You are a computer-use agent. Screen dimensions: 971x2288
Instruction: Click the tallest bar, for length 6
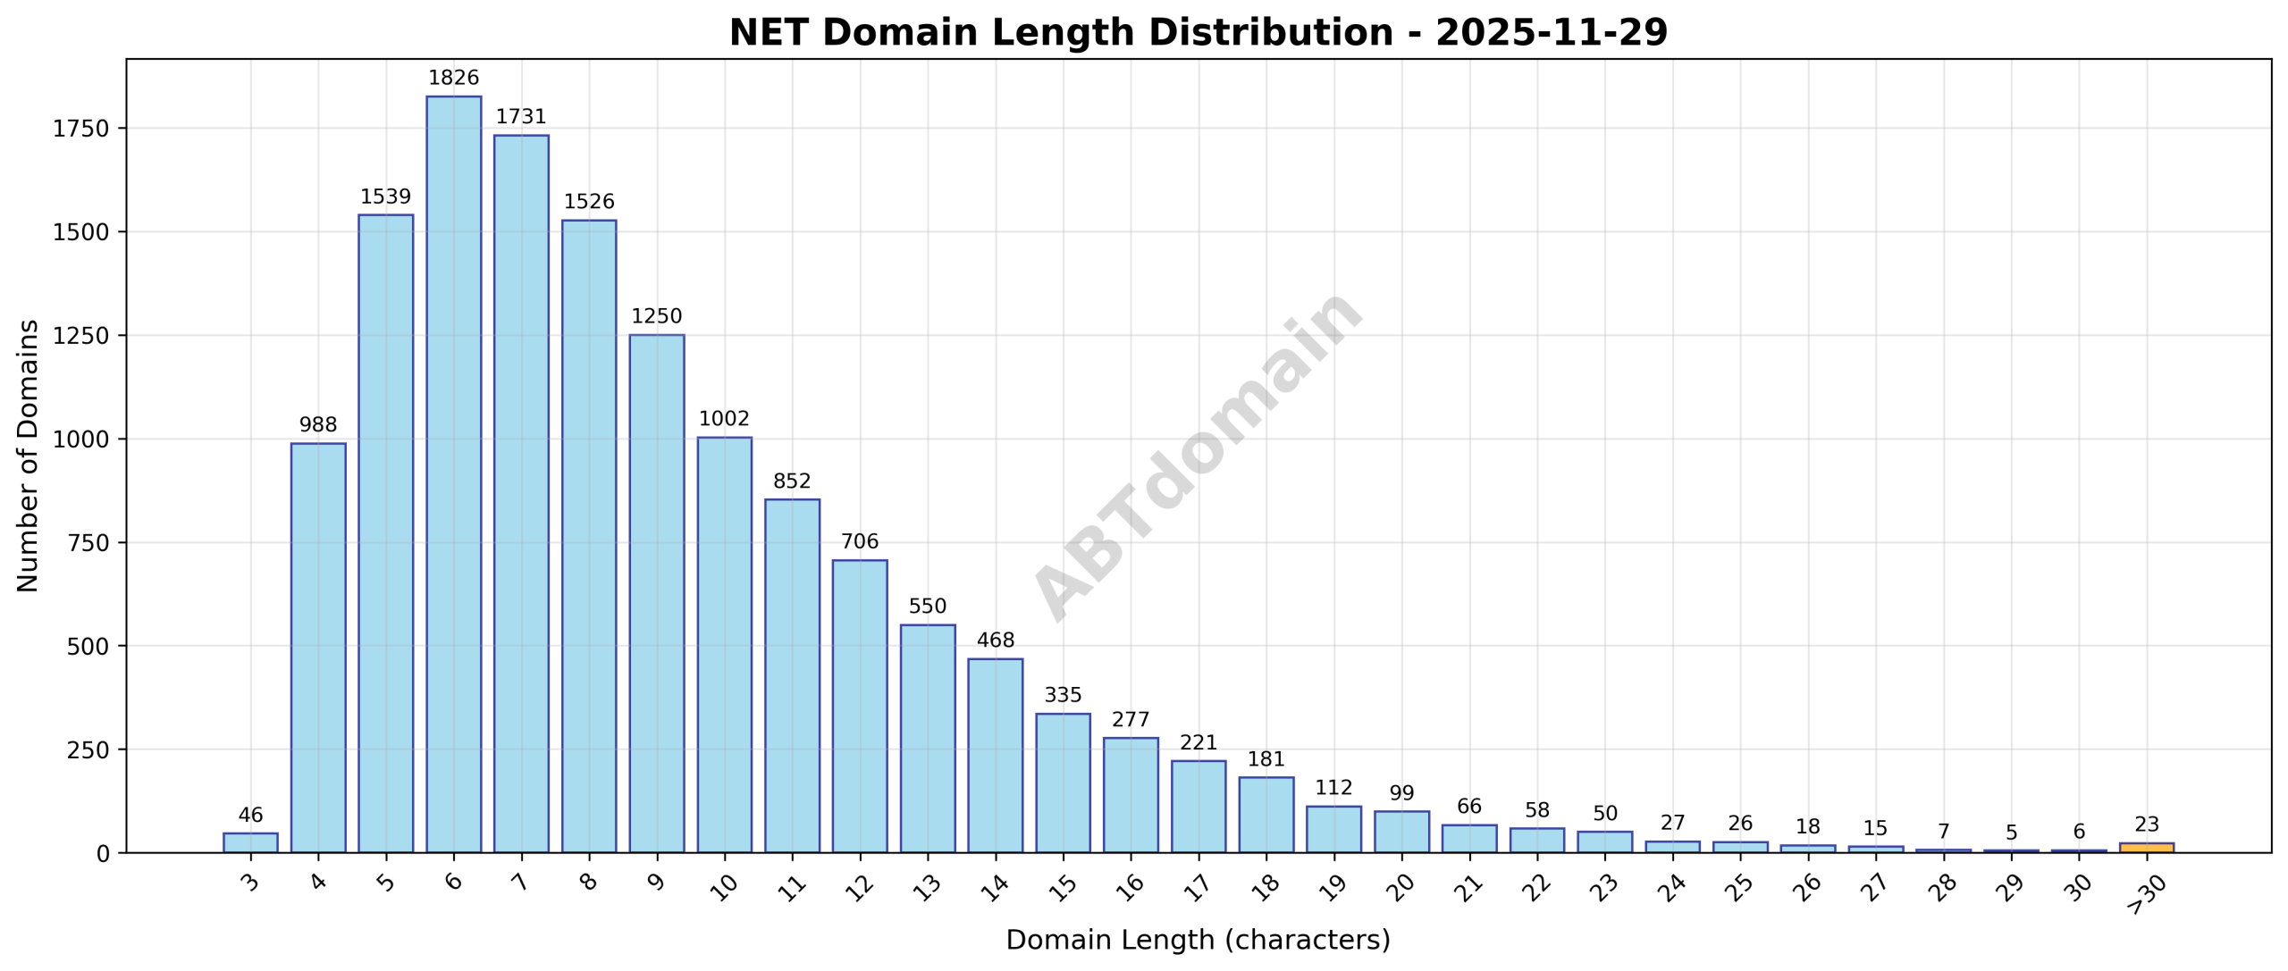(453, 473)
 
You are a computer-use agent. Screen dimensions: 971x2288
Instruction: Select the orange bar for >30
(2146, 847)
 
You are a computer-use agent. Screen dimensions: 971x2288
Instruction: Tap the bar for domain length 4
(318, 648)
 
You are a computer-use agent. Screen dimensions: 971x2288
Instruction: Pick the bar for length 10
(724, 645)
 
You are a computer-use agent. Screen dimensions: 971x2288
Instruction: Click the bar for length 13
(927, 739)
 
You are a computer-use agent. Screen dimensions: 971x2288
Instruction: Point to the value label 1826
(453, 78)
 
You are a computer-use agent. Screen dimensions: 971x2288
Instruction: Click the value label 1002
(724, 419)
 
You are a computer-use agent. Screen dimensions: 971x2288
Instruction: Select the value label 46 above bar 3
(250, 815)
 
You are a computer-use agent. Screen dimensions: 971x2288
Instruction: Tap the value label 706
(860, 541)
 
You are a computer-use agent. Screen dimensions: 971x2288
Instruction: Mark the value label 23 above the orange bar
(2146, 824)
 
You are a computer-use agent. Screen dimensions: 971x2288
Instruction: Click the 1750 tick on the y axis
(80, 129)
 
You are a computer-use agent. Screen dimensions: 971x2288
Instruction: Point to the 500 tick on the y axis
(88, 646)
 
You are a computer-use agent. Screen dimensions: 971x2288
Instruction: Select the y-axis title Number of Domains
(29, 456)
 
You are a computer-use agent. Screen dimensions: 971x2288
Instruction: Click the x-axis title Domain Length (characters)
(1198, 940)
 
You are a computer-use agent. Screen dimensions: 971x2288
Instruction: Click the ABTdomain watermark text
(1198, 456)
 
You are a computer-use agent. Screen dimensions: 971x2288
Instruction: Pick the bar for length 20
(1401, 832)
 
